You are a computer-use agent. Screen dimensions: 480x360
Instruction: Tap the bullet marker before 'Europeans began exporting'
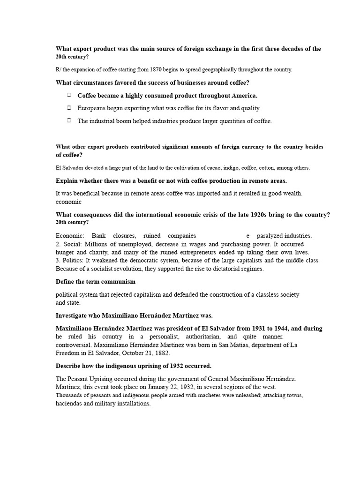click(x=68, y=108)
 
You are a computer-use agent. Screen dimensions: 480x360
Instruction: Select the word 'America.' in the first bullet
click(x=244, y=96)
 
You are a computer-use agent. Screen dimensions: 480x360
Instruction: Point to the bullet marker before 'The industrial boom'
click(x=68, y=120)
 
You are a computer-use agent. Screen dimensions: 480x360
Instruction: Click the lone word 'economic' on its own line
click(x=68, y=202)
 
